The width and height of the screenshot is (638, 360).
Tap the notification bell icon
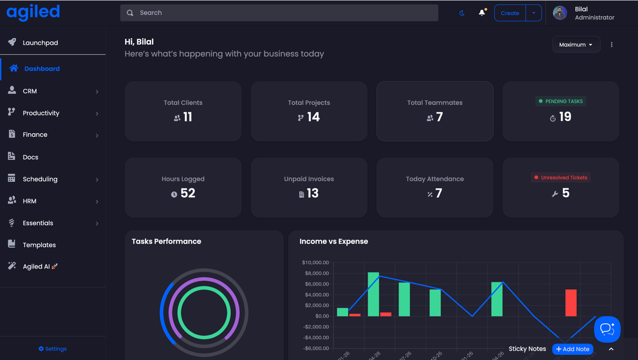coord(482,13)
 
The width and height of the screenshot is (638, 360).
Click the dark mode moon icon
coord(462,13)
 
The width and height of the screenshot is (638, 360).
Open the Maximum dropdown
coord(576,45)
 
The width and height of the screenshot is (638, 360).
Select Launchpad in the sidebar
coord(40,43)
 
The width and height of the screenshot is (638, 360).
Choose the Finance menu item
coord(35,135)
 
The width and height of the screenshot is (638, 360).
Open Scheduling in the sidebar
coord(40,179)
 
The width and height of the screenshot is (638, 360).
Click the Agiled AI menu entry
coord(37,267)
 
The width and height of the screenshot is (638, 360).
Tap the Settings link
coord(53,349)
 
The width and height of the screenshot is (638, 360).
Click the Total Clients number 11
coord(188,117)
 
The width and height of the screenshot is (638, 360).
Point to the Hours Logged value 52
coord(188,193)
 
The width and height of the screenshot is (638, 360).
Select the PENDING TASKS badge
coord(561,101)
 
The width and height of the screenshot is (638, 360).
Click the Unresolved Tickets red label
coord(561,178)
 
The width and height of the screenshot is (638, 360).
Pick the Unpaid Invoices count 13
coord(312,193)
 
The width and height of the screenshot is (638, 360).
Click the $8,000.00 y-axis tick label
coord(315,273)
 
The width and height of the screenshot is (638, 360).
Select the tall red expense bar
coord(571,302)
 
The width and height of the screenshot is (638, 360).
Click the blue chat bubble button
coord(607,329)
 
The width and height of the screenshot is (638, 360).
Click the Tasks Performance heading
coord(167,241)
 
